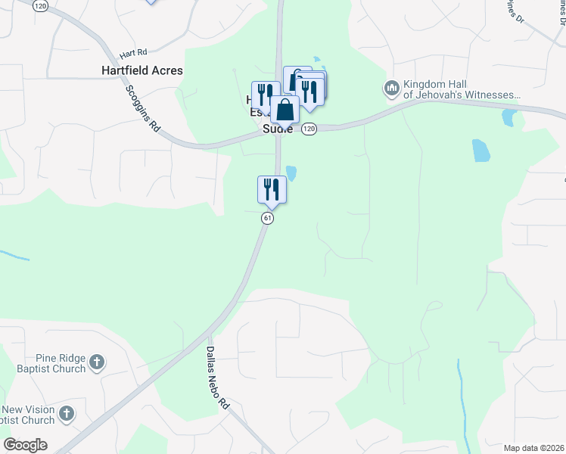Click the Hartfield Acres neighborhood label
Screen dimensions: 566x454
tap(142, 70)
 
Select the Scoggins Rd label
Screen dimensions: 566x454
tap(144, 105)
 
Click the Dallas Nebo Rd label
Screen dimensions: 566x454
tap(218, 378)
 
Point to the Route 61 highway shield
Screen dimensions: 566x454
tap(267, 218)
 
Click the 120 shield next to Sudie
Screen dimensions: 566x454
tap(309, 129)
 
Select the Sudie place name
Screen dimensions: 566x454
tap(277, 129)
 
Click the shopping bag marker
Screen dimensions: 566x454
tap(285, 110)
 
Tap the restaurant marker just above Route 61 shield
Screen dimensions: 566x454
tap(272, 189)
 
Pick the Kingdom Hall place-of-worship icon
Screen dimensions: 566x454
tap(392, 89)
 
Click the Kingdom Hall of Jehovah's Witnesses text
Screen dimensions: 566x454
tap(462, 89)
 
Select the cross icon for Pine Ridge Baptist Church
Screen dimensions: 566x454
tap(96, 362)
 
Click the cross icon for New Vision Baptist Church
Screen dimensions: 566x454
tap(67, 413)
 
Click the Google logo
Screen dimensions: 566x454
tap(25, 445)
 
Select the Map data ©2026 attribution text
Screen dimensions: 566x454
tap(533, 448)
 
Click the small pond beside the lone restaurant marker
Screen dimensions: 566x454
tap(291, 173)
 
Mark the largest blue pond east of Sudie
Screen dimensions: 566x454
tap(480, 151)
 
